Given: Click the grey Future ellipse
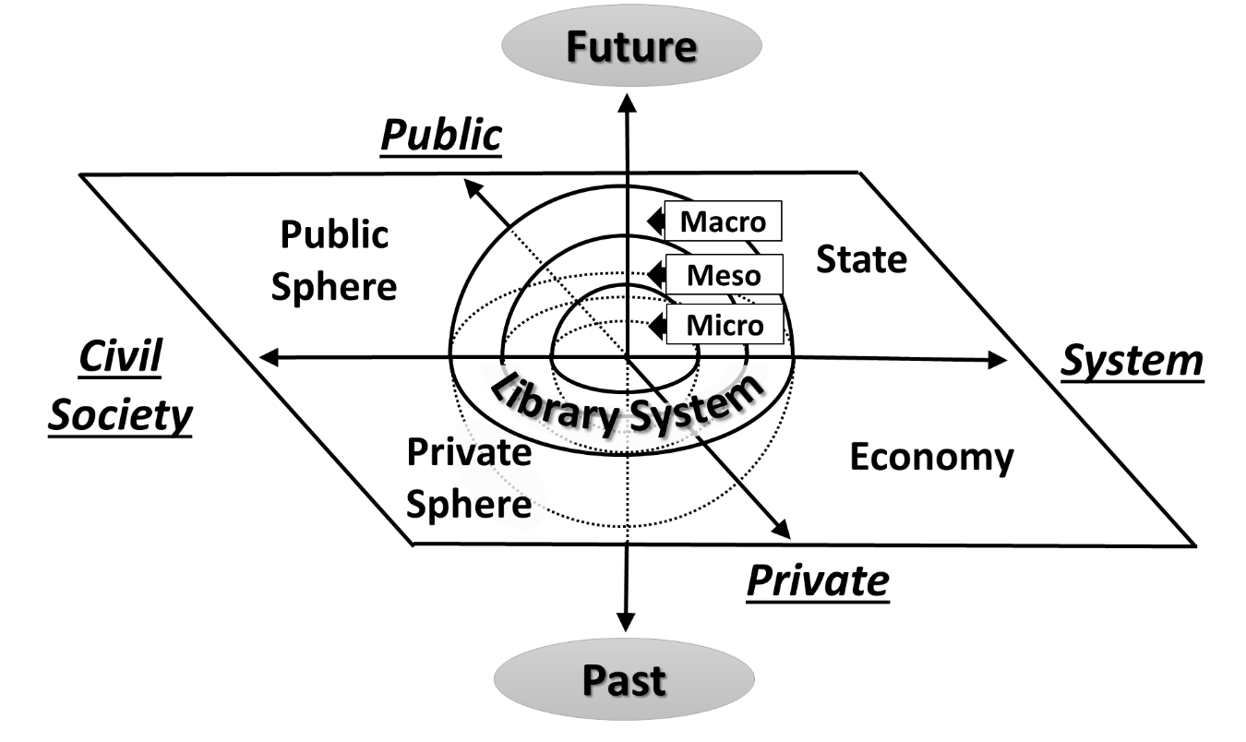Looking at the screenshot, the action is [x=631, y=45].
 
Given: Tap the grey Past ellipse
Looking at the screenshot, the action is [x=624, y=679].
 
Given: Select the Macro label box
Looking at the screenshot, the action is [x=723, y=221].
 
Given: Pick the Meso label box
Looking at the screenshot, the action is [x=725, y=274].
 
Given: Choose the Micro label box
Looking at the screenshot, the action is [x=725, y=324].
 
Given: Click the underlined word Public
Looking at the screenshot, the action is [x=441, y=135].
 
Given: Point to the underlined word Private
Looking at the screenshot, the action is [x=818, y=581].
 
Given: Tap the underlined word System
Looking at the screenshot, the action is [x=1132, y=362].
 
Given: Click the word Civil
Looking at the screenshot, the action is [x=120, y=356].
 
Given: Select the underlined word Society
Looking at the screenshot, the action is [x=120, y=415].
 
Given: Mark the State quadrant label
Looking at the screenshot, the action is [x=862, y=259].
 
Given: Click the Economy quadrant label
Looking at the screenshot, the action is [x=931, y=457].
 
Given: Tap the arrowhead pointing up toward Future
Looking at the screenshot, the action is [x=628, y=102].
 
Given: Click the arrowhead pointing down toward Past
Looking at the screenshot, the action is [x=626, y=622].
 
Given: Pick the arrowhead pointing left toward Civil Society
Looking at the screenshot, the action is [x=270, y=357].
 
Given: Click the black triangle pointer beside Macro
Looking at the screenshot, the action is [x=656, y=221].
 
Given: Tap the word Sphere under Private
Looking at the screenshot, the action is [x=468, y=505].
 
